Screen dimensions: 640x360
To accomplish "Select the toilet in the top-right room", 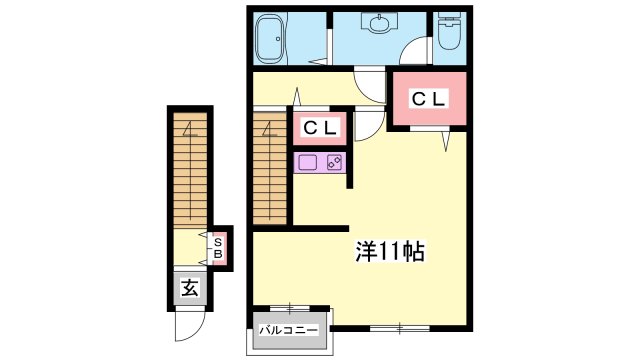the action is (449, 31).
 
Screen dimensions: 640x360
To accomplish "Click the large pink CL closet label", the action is (428, 99).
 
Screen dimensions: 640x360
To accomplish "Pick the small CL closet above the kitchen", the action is (320, 128).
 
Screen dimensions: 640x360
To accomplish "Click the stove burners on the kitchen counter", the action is (334, 163).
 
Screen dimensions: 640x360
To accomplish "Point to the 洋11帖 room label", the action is (390, 251).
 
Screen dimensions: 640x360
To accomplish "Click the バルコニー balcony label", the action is (289, 330).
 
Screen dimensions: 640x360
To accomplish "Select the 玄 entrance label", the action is (190, 289).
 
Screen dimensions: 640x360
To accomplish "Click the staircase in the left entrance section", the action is (190, 170).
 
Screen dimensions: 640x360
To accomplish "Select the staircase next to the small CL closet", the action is (269, 168).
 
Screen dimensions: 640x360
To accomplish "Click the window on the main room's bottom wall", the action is (400, 328).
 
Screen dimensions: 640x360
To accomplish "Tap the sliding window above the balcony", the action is (290, 308).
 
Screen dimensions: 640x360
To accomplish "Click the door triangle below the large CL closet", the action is (447, 141).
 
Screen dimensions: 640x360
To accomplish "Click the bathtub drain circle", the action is (278, 39).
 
